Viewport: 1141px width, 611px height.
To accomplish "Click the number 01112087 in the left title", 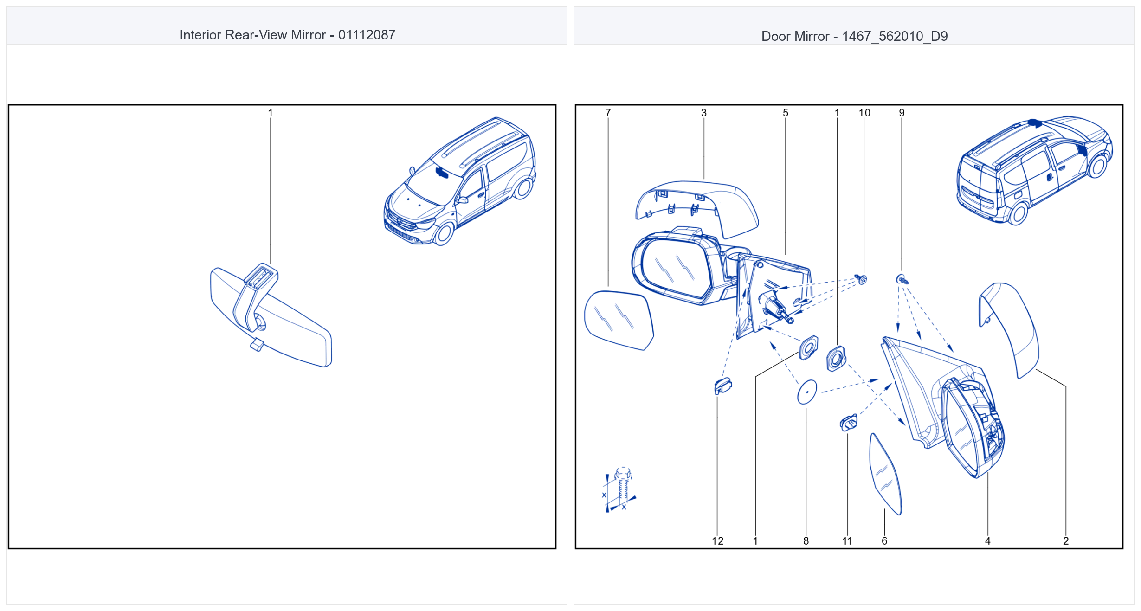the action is pyautogui.click(x=367, y=35).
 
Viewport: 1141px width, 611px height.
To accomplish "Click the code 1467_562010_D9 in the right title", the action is pyautogui.click(x=895, y=36).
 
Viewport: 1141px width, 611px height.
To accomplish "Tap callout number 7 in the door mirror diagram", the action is pyautogui.click(x=608, y=113).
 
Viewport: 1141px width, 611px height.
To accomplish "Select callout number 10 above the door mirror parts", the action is pyautogui.click(x=864, y=113).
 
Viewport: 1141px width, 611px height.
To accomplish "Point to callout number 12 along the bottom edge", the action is pyautogui.click(x=717, y=541).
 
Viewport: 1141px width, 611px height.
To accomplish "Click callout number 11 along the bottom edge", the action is pyautogui.click(x=847, y=541).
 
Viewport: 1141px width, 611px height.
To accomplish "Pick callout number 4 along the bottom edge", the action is pyautogui.click(x=988, y=541).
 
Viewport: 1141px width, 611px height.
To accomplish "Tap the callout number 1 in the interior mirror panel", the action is pyautogui.click(x=271, y=113).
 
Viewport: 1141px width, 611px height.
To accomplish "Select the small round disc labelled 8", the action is pyautogui.click(x=807, y=392).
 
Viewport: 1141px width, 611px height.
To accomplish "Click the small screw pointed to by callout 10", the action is pyautogui.click(x=862, y=279).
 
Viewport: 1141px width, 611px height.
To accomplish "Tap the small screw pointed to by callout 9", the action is pyautogui.click(x=902, y=279).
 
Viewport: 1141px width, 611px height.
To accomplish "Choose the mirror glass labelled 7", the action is pyautogui.click(x=619, y=320).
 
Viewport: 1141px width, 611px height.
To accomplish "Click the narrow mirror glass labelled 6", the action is pyautogui.click(x=885, y=474).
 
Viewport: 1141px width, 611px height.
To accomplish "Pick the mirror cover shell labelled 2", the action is pyautogui.click(x=1010, y=329).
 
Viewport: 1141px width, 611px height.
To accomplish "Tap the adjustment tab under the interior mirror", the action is pyautogui.click(x=257, y=345).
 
